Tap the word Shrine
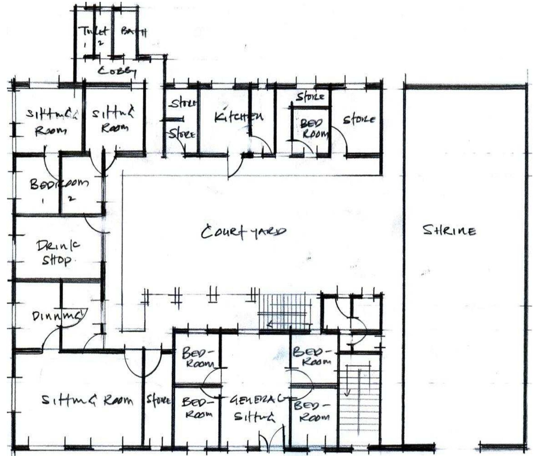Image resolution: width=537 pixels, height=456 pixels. [449, 231]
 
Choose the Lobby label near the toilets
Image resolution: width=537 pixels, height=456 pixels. [117, 71]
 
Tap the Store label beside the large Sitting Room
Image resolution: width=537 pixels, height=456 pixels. [158, 400]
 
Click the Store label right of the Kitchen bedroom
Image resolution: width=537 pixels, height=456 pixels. [359, 120]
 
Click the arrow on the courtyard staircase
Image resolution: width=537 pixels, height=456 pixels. [270, 324]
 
